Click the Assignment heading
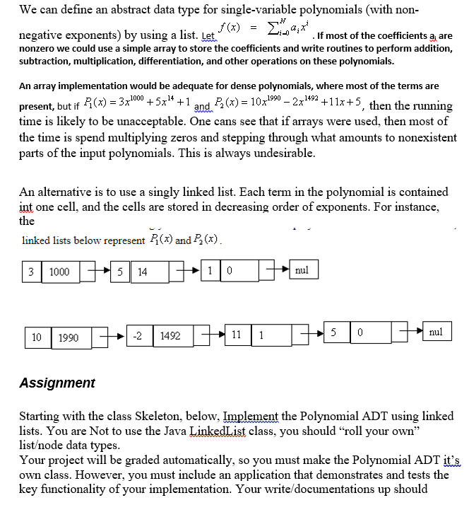57,383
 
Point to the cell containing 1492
170,337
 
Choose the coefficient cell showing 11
235,337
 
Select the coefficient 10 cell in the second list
37,337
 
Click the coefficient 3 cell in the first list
31,272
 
